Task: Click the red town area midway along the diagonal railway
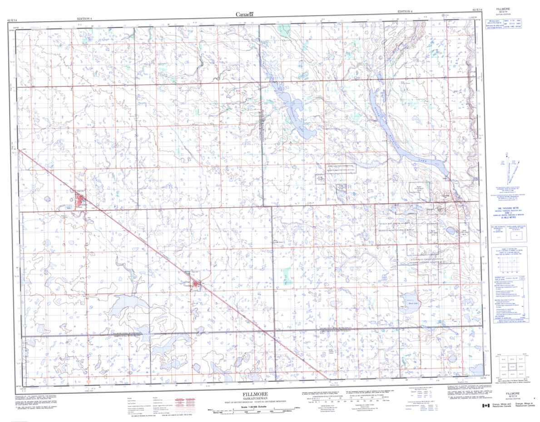[196, 285]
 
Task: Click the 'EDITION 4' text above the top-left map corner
[84, 19]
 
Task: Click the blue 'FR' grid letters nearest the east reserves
[350, 187]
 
